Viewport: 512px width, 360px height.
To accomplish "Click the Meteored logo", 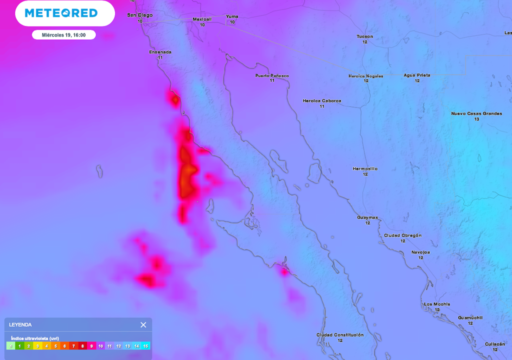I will coord(61,13).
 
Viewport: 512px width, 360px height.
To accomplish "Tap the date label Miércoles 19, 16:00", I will coord(63,35).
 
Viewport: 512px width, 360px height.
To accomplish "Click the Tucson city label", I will coord(364,36).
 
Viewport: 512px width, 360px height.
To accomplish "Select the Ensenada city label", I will coord(160,52).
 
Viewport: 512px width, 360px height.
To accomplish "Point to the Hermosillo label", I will coord(365,168).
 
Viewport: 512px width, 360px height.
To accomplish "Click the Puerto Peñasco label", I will coord(272,75).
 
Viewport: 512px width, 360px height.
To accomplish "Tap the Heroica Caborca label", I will coord(322,100).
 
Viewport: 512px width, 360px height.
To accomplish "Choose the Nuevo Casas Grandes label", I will coord(476,113).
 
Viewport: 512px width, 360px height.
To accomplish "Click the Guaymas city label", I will coord(367,217).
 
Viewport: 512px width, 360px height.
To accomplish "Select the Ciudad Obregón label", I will coord(402,235).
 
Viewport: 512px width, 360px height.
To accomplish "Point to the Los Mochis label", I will coord(437,304).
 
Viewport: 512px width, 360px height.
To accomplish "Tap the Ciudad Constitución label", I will coord(340,334).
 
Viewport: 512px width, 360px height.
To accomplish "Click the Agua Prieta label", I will coord(417,75).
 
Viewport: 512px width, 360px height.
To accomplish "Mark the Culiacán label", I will coord(494,344).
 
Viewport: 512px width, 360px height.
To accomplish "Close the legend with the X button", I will coord(143,324).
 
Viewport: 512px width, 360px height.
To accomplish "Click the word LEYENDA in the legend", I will coord(20,325).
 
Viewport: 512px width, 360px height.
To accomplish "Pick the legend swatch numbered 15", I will coord(145,345).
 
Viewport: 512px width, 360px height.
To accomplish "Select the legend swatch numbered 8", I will coord(82,345).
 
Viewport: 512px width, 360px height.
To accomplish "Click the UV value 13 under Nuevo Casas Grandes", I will coord(476,119).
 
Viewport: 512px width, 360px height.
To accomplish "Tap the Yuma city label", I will coord(232,16).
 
